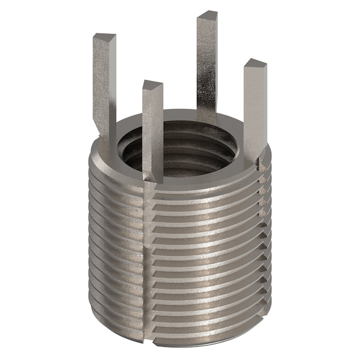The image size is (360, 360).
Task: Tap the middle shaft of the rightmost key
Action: point(254,108)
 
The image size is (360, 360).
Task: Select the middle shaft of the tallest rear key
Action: point(207,66)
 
